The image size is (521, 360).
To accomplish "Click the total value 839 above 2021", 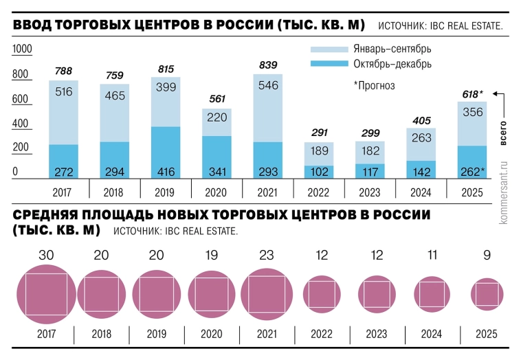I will point(267,65).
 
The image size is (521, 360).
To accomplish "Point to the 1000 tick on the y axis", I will point(23,49).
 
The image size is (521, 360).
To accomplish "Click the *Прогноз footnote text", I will point(374,85).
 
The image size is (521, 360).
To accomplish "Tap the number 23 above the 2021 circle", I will point(267,255).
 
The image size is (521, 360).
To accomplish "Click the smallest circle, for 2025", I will point(487,294).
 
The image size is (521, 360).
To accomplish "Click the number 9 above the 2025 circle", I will point(487,255).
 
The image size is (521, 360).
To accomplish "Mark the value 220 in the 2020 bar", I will point(217,117).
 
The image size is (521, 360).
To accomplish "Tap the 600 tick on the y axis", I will point(20,99).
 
